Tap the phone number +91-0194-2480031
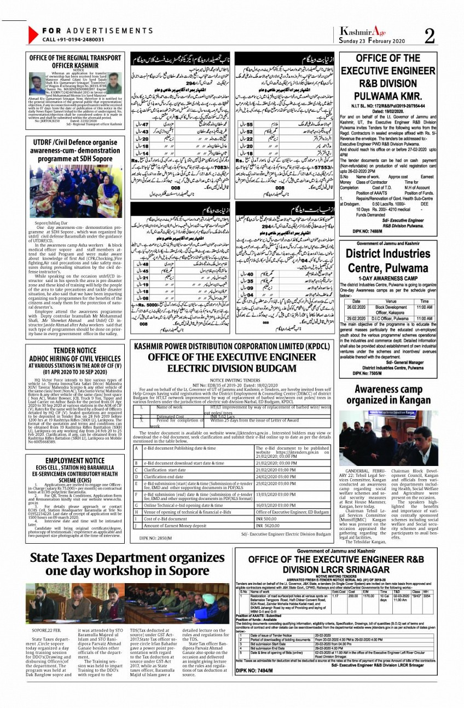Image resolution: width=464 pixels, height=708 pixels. pyautogui.click(x=73, y=39)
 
